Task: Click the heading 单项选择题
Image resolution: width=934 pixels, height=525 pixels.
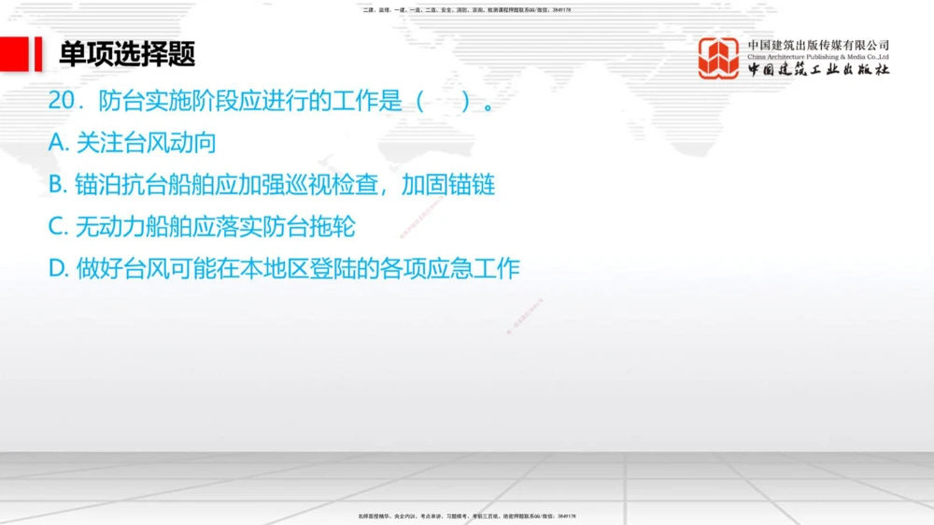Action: (x=127, y=54)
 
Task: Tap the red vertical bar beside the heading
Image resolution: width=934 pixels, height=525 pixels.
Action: (x=38, y=54)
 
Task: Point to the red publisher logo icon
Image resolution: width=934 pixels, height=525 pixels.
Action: (x=719, y=58)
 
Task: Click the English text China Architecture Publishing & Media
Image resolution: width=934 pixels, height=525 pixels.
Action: (x=817, y=57)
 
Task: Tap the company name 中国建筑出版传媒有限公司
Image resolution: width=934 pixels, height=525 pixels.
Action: (x=817, y=45)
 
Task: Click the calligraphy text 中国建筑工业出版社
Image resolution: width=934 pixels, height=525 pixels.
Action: (x=817, y=70)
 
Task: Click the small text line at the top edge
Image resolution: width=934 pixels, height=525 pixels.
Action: (x=466, y=9)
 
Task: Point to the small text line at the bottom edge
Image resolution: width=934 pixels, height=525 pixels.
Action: (x=466, y=516)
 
